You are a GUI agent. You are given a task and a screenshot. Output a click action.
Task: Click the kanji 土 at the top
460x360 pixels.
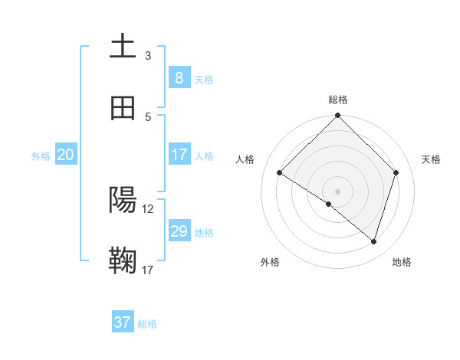[122, 46]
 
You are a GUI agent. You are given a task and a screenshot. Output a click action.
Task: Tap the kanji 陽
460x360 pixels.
[122, 201]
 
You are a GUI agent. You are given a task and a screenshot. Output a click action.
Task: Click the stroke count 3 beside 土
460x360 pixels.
[148, 56]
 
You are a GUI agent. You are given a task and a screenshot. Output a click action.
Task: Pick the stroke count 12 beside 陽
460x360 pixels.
[148, 208]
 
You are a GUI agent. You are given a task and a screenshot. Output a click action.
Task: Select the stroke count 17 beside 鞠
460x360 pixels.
[148, 270]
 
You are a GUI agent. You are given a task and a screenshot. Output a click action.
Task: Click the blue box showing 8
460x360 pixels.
[179, 77]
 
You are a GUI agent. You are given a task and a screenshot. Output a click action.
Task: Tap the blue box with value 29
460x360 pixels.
[179, 231]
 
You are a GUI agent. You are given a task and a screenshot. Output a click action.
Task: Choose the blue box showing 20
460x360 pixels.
[65, 155]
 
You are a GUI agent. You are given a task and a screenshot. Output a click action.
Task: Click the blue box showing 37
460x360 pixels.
[122, 322]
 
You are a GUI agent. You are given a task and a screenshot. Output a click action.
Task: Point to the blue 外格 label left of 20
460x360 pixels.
[41, 156]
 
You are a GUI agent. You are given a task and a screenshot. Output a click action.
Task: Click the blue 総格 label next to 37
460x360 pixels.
[147, 324]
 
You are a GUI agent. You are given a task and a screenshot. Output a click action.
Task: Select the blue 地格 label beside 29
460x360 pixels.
[204, 233]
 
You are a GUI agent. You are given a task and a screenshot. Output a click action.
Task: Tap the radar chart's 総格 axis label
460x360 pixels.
[337, 100]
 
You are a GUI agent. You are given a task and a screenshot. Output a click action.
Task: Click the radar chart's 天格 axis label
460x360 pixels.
[431, 159]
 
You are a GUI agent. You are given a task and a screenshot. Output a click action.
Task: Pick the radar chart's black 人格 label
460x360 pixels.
[245, 159]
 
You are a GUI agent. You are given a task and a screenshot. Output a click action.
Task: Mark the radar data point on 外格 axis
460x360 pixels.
[329, 204]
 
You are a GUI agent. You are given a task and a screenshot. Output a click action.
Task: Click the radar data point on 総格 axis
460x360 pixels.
[337, 116]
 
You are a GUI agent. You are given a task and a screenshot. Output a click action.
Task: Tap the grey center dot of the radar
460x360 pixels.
[337, 191]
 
